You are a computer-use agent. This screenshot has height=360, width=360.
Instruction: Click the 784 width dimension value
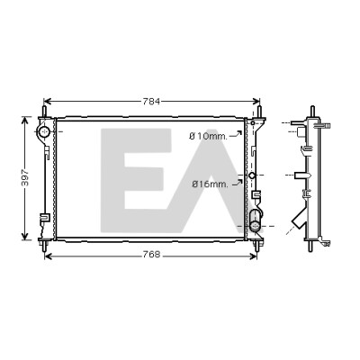point(151,102)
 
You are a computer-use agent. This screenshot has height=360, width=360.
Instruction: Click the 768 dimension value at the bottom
point(151,256)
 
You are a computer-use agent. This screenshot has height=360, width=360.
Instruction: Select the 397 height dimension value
point(25,178)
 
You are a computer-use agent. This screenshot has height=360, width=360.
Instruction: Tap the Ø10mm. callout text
point(208,137)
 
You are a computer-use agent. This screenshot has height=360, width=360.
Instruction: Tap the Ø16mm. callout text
point(210,184)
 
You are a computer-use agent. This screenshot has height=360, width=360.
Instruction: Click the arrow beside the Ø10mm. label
point(236,134)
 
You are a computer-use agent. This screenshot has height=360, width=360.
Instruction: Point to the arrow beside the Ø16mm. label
point(237,183)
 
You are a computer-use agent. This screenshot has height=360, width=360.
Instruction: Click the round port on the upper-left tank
point(45,131)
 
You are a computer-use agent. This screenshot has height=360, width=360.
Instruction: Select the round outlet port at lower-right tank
point(256,226)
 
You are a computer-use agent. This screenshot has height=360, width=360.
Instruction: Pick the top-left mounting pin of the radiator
point(44,112)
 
